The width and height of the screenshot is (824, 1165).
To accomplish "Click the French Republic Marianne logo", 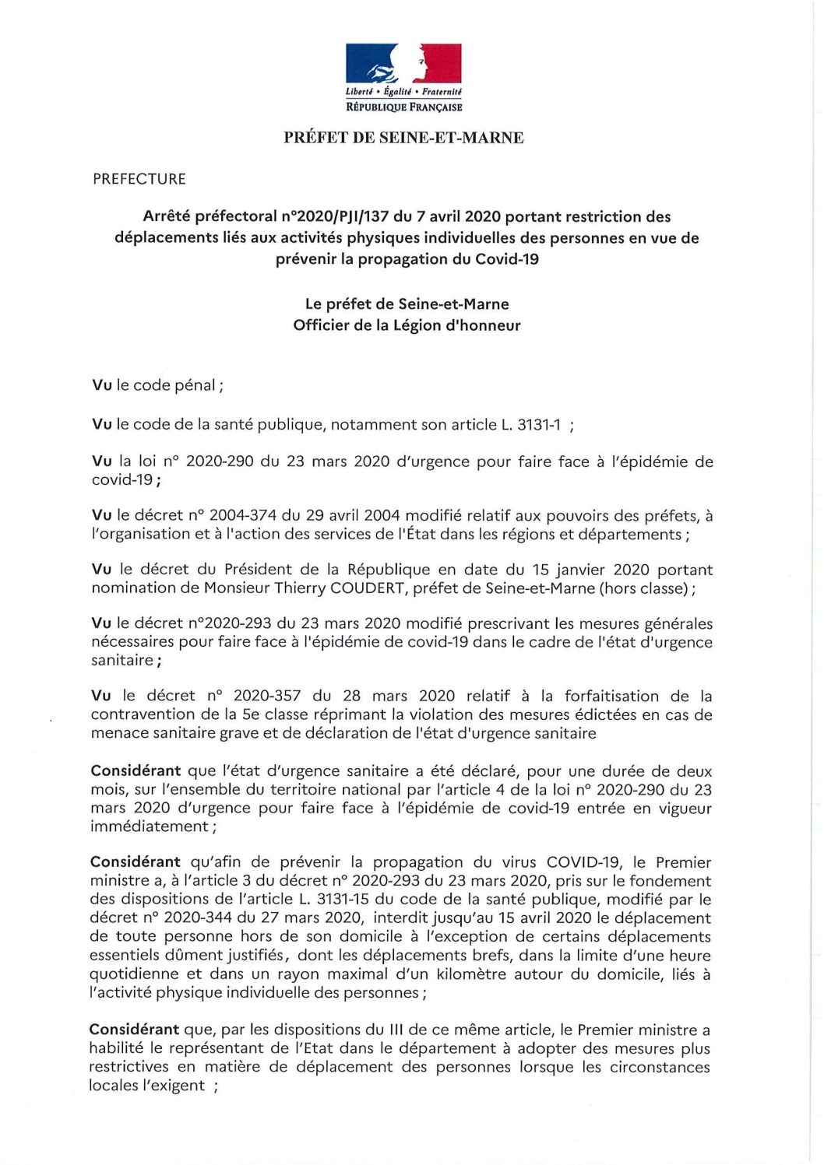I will (403, 64).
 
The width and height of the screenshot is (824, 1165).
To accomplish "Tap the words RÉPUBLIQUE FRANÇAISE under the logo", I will (403, 107).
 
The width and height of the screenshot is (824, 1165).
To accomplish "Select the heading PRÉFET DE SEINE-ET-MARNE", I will (403, 138).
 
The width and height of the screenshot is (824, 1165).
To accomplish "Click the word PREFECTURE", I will (139, 179).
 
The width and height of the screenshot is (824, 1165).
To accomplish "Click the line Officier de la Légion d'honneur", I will (407, 325).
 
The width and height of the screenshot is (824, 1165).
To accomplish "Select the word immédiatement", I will (149, 826).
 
